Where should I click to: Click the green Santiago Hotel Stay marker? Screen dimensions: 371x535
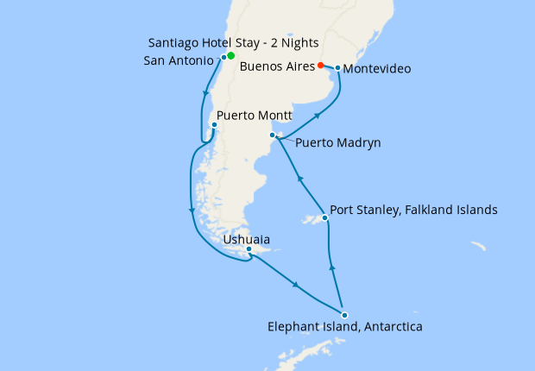230,55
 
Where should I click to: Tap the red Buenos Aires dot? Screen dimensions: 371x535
320,65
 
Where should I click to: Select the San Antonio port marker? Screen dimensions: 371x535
223,57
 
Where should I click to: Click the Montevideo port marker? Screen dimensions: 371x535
337,67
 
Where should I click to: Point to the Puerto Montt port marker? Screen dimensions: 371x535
214,125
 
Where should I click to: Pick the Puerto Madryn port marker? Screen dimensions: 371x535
273,135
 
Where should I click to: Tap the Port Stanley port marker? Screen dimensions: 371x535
324,218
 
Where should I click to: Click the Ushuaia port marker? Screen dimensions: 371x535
249,249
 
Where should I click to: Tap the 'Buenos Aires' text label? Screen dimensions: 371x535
276,66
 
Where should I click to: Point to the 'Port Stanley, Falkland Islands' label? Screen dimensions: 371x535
413,210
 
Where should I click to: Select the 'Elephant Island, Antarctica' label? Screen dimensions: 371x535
344,327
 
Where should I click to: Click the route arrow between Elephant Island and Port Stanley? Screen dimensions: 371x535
333,267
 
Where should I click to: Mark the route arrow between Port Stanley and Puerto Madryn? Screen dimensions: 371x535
299,178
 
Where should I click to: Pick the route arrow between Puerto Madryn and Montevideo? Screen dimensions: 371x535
318,113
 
